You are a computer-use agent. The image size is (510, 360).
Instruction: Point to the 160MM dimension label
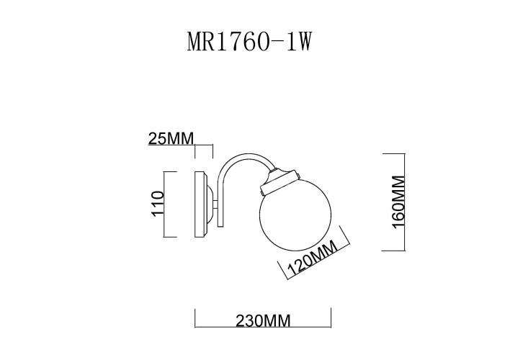[x=399, y=201]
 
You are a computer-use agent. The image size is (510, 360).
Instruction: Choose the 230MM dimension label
[x=263, y=321]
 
